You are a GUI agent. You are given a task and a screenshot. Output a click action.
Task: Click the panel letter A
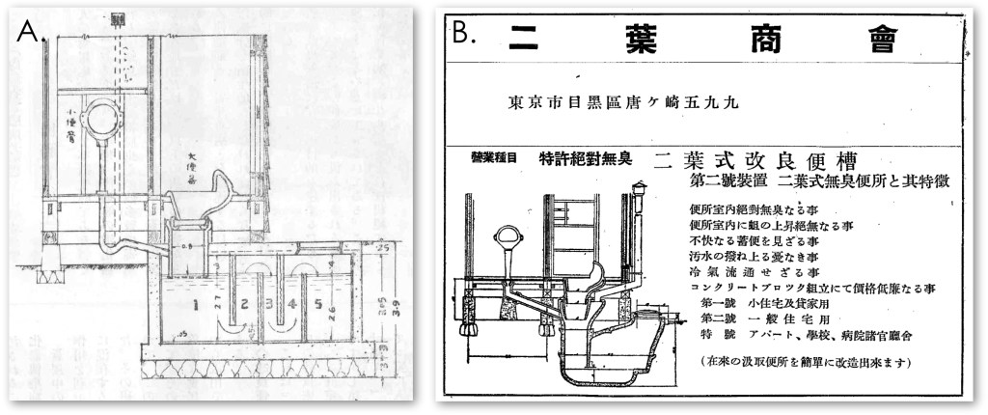pyautogui.click(x=27, y=31)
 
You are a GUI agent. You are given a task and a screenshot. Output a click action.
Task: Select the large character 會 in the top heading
pyautogui.click(x=880, y=40)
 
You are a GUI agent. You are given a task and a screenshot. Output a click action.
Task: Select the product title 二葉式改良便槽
pyautogui.click(x=756, y=160)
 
